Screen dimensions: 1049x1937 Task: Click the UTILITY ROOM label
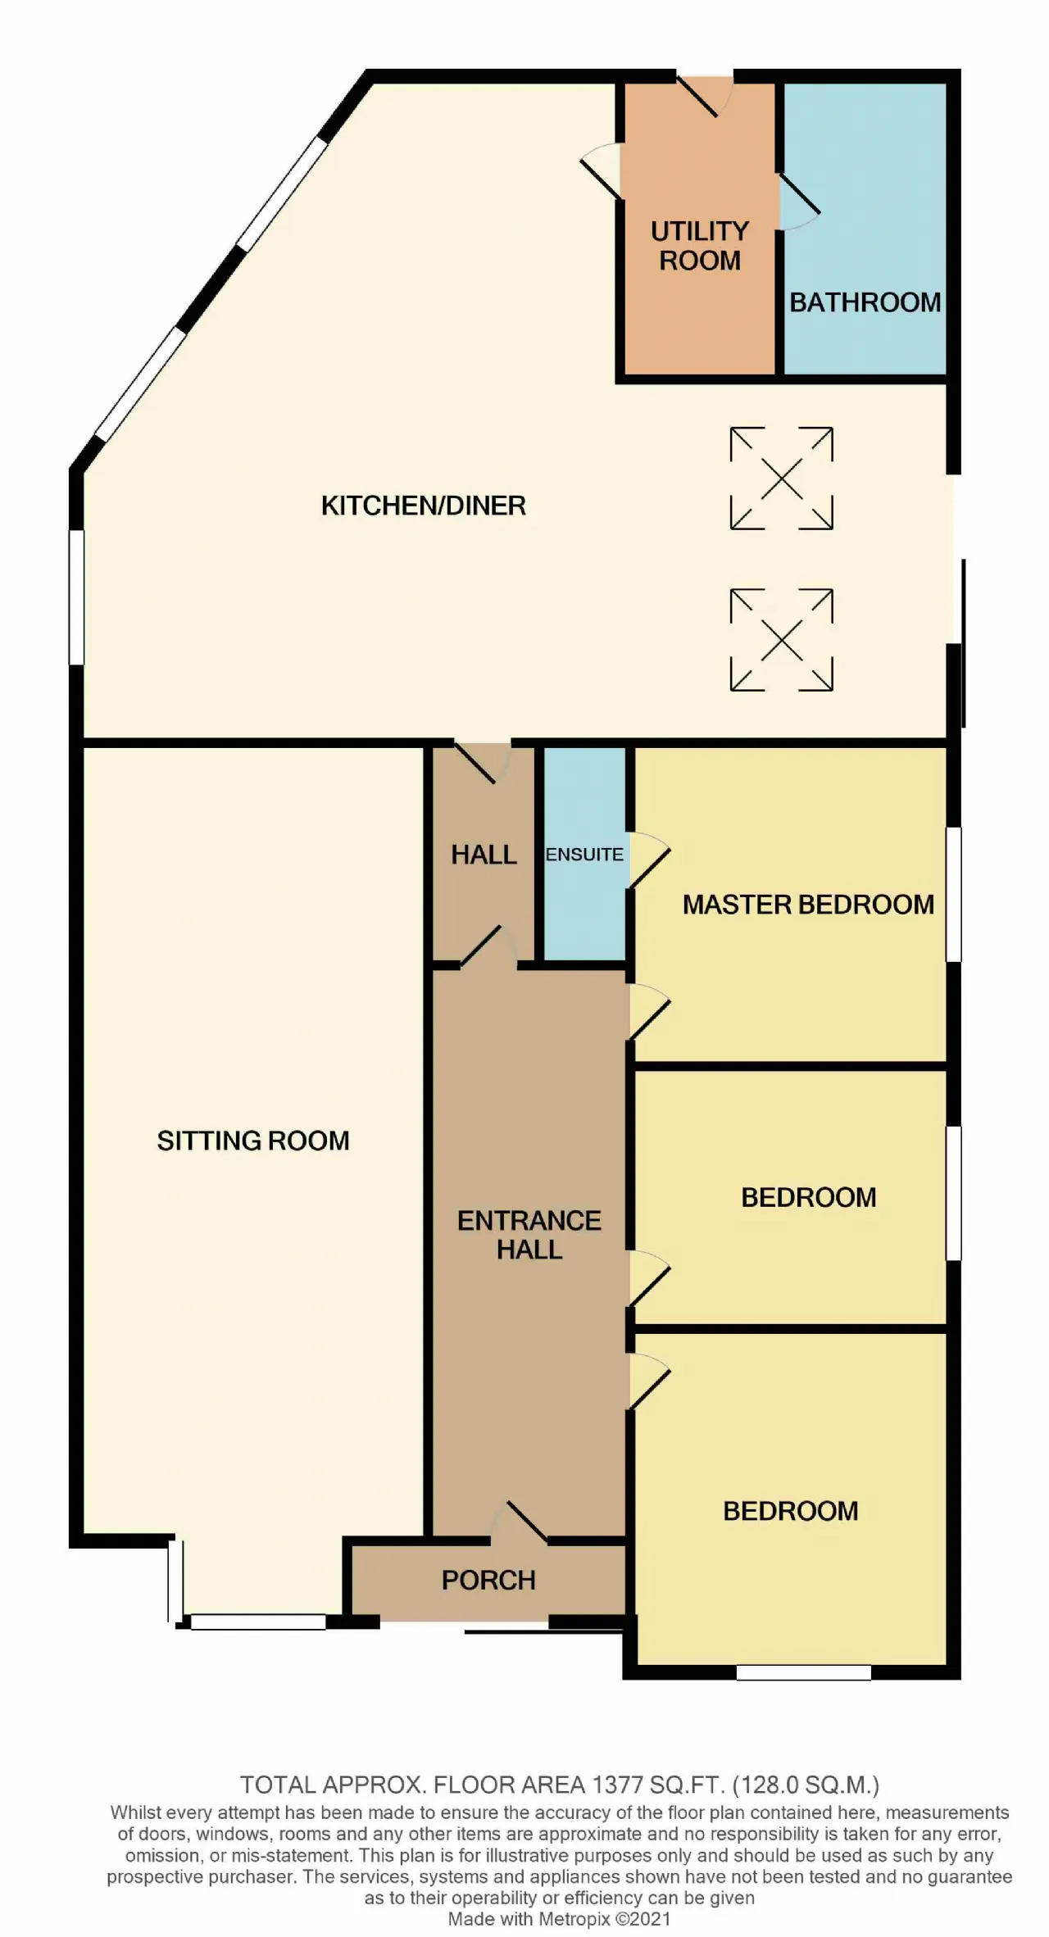click(700, 246)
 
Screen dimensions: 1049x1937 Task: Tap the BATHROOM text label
click(865, 302)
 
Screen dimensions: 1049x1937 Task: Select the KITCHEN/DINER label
click(424, 506)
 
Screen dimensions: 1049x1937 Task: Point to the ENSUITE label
click(584, 855)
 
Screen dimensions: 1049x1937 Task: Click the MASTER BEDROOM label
click(808, 905)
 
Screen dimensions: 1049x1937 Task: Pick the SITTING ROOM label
click(253, 1141)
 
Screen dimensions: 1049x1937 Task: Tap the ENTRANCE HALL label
click(529, 1235)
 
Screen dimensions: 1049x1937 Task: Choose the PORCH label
click(488, 1580)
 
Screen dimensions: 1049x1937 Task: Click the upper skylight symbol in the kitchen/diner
click(782, 478)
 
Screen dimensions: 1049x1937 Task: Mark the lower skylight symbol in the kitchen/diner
click(782, 639)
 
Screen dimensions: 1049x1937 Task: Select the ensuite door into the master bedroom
click(650, 860)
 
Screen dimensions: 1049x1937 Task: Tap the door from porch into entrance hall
click(520, 1524)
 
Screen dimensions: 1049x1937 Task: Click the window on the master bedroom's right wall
click(954, 894)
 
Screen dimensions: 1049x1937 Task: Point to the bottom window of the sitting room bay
click(258, 1622)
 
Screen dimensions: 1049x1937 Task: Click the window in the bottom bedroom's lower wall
click(803, 1672)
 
